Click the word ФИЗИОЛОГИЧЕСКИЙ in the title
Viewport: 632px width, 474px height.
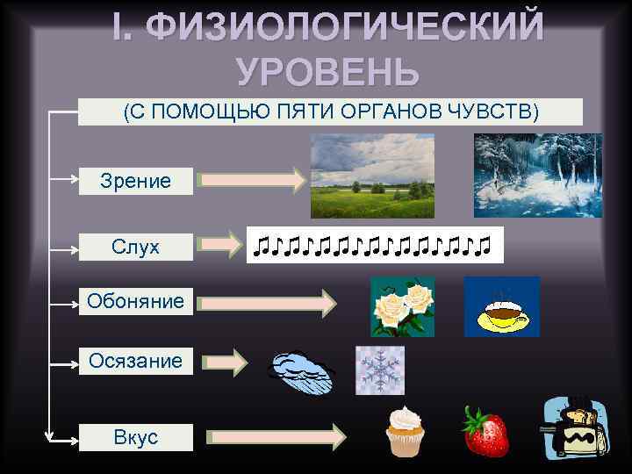coord(344,29)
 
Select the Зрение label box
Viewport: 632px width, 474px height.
coord(135,181)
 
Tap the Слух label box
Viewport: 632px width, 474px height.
coord(135,248)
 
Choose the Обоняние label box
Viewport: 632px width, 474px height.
coord(135,303)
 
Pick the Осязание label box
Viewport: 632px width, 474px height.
coord(135,361)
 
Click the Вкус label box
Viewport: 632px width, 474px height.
coord(135,437)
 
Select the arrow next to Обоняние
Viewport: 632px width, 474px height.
coord(267,304)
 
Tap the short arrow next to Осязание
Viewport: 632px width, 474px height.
coord(228,361)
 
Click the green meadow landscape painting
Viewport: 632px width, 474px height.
coord(372,176)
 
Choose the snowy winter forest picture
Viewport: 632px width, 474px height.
coord(538,176)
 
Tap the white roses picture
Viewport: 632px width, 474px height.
coord(402,306)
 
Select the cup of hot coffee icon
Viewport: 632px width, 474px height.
coord(501,306)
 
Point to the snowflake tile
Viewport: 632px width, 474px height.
coord(379,370)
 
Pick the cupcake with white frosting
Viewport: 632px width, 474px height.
coord(406,431)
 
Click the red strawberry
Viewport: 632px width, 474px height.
coord(486,432)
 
